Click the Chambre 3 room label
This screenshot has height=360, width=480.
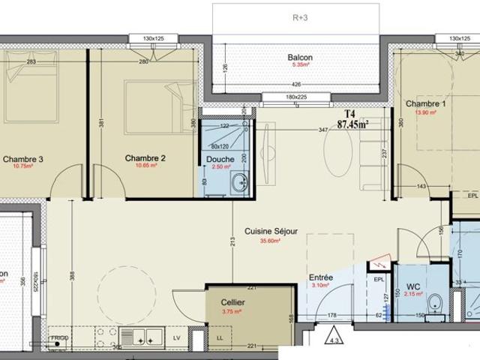tap(23, 158)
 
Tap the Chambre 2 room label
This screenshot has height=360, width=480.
tap(145, 158)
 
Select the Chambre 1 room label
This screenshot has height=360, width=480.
tap(426, 103)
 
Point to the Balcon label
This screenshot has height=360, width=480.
tap(300, 58)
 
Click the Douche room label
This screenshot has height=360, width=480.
tap(220, 159)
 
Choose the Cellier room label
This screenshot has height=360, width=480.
tap(233, 302)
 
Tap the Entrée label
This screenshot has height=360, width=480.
tap(321, 277)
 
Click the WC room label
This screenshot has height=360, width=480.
tap(413, 286)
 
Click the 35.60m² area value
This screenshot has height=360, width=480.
tap(270, 241)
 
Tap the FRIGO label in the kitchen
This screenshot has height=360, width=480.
tap(59, 339)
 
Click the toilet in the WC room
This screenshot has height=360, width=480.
tap(434, 303)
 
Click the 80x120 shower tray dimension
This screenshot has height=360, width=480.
tap(220, 146)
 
